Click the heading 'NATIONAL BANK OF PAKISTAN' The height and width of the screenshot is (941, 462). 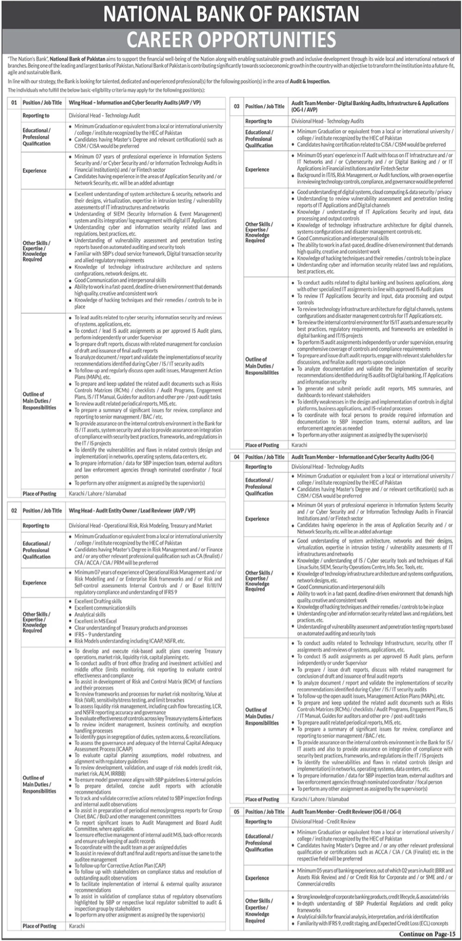(x=231, y=14)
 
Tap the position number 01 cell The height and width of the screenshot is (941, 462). (x=14, y=102)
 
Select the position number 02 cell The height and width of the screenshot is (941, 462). (x=14, y=511)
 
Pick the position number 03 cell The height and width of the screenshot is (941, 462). (x=236, y=107)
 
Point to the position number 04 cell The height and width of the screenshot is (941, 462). (x=236, y=457)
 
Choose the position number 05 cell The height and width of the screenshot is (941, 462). (x=236, y=812)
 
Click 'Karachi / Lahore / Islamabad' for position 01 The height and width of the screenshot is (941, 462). (x=98, y=494)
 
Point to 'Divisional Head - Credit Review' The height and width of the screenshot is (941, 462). (x=323, y=822)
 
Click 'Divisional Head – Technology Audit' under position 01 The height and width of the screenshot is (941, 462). (x=104, y=116)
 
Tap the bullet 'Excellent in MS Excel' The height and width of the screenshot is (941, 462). (x=96, y=621)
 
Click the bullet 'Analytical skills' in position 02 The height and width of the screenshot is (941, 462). (x=90, y=615)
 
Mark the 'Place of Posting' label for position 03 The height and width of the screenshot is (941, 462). (x=262, y=445)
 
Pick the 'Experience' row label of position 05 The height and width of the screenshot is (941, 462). (x=257, y=878)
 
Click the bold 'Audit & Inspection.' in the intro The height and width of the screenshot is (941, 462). (x=310, y=81)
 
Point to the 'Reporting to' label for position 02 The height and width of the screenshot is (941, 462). (x=36, y=525)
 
